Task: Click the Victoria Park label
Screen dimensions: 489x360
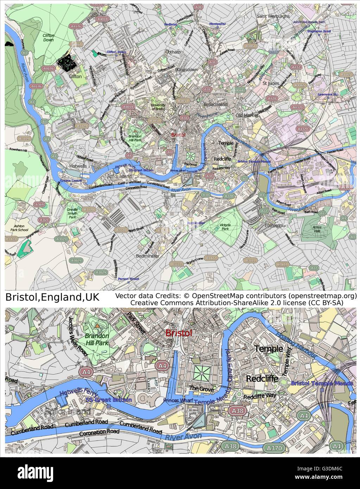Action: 225,227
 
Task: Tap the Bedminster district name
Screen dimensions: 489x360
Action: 147,256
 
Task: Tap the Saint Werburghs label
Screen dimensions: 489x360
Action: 273,16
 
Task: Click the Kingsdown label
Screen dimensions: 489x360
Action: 187,70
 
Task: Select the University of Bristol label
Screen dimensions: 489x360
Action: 157,107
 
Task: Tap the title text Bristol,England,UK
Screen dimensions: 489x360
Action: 52,297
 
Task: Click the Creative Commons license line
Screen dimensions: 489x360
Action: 237,302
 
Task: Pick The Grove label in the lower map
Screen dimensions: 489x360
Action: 198,388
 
